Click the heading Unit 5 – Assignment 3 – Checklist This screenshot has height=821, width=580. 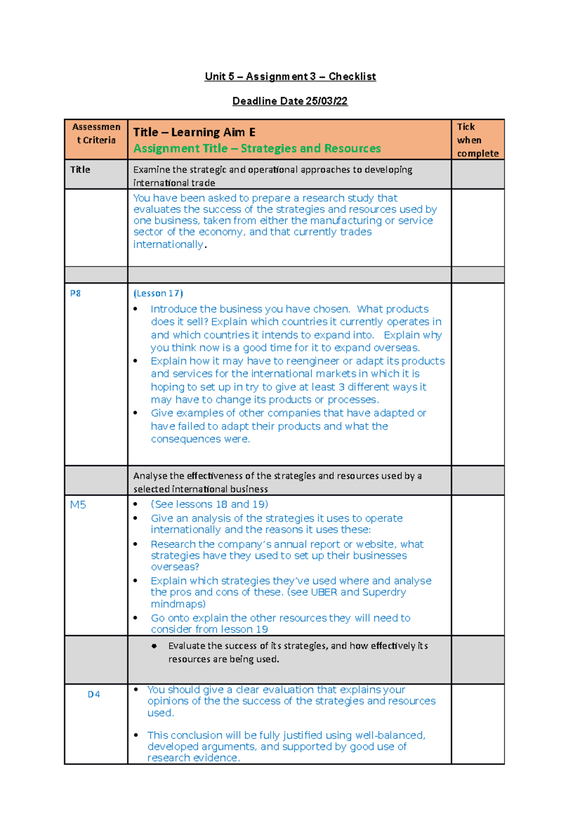click(x=290, y=76)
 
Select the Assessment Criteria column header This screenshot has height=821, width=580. click(x=96, y=133)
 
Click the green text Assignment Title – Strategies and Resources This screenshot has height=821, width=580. click(x=257, y=148)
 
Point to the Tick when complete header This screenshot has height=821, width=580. click(x=477, y=140)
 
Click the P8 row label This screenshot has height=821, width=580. click(x=75, y=293)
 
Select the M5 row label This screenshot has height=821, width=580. click(x=78, y=505)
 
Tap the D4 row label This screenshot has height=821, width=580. click(x=94, y=694)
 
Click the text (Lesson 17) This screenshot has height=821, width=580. click(x=158, y=293)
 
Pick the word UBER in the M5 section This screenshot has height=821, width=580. click(x=324, y=592)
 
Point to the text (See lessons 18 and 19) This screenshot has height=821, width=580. click(x=209, y=504)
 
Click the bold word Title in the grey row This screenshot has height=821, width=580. click(x=80, y=170)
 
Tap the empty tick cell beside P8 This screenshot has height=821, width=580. click(x=478, y=373)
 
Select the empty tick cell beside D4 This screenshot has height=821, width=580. click(x=478, y=723)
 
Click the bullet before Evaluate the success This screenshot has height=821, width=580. click(x=154, y=646)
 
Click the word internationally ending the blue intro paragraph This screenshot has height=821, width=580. click(x=168, y=245)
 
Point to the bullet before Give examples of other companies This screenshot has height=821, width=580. click(x=136, y=413)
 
